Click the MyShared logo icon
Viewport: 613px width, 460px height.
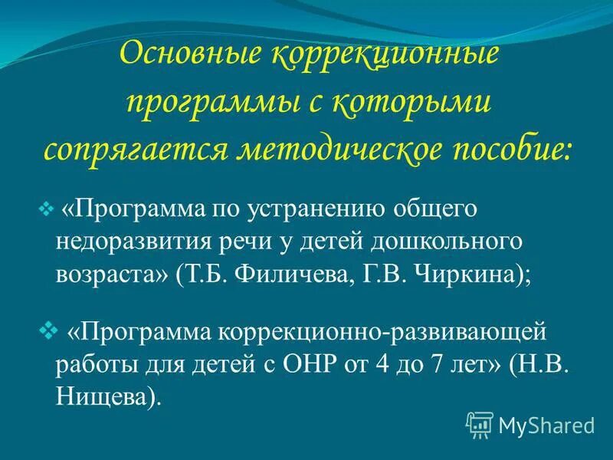click(480, 423)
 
